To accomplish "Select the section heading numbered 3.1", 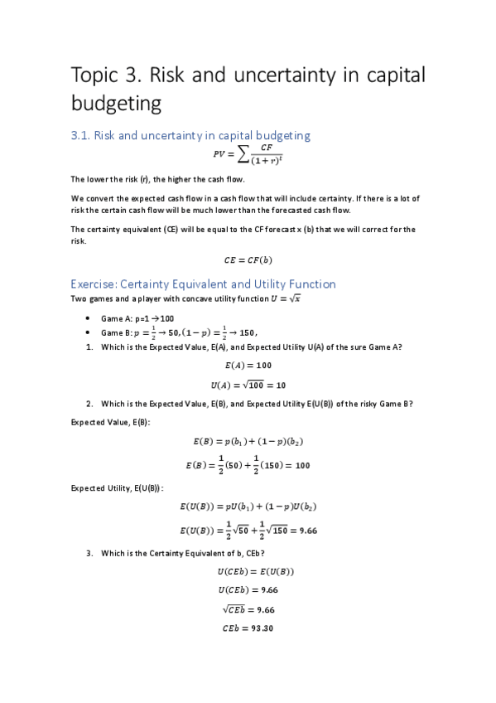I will (x=190, y=135).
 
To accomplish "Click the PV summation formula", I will (x=248, y=154).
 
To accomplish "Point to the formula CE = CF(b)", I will (x=248, y=259).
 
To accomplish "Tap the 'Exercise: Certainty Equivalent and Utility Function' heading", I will (x=203, y=284).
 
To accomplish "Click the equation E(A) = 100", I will (x=248, y=365).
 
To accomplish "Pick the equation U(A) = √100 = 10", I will (x=248, y=385).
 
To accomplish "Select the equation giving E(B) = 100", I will (x=248, y=465).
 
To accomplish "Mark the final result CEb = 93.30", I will (x=248, y=628).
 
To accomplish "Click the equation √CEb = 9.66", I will (x=248, y=608).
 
